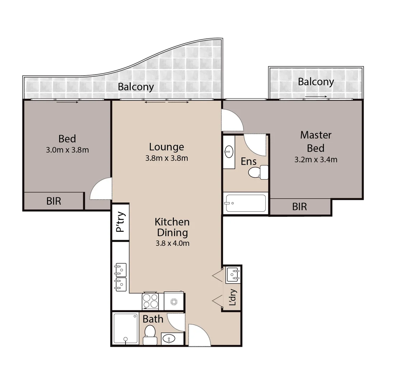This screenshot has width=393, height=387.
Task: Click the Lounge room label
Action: tap(166, 147)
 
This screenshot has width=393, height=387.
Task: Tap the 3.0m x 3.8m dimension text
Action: tap(67, 150)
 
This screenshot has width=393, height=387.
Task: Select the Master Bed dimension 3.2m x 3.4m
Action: tap(316, 159)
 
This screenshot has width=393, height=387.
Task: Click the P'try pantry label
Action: tap(120, 222)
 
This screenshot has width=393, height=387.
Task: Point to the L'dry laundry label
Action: tap(233, 297)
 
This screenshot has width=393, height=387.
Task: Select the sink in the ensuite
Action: tap(228, 152)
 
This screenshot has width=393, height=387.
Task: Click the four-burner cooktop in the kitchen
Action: tap(151, 301)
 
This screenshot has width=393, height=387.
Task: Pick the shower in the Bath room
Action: tap(126, 329)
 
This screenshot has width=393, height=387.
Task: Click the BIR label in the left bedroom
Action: tap(54, 201)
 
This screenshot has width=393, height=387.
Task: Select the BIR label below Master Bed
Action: tap(299, 206)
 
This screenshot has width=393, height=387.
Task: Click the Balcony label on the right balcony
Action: tap(316, 82)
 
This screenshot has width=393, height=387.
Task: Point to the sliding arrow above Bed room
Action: tap(67, 102)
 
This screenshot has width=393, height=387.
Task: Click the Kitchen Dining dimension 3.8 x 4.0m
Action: tap(172, 243)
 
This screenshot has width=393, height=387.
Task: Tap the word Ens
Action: tap(248, 161)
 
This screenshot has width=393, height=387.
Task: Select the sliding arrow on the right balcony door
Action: tap(316, 96)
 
